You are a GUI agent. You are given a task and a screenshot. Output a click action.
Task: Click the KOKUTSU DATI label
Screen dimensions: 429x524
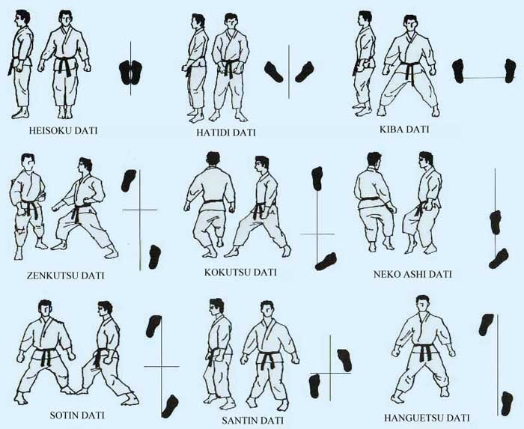(240, 273)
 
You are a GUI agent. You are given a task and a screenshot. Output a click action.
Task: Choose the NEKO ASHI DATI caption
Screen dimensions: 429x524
(412, 274)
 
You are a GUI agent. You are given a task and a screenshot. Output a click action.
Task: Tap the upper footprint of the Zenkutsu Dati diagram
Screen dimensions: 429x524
(130, 181)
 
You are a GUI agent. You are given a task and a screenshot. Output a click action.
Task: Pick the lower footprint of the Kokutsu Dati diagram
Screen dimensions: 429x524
(326, 260)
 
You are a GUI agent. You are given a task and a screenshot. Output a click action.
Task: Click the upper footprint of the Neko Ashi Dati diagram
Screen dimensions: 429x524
(495, 222)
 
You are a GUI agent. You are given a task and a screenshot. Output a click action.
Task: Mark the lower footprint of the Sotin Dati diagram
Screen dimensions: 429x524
(170, 405)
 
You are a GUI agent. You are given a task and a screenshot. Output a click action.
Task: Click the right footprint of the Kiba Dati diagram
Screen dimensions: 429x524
(509, 71)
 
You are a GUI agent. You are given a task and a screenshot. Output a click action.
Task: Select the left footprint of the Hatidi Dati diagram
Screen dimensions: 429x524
(275, 71)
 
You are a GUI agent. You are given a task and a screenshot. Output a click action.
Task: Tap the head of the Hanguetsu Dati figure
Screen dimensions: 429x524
(423, 305)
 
